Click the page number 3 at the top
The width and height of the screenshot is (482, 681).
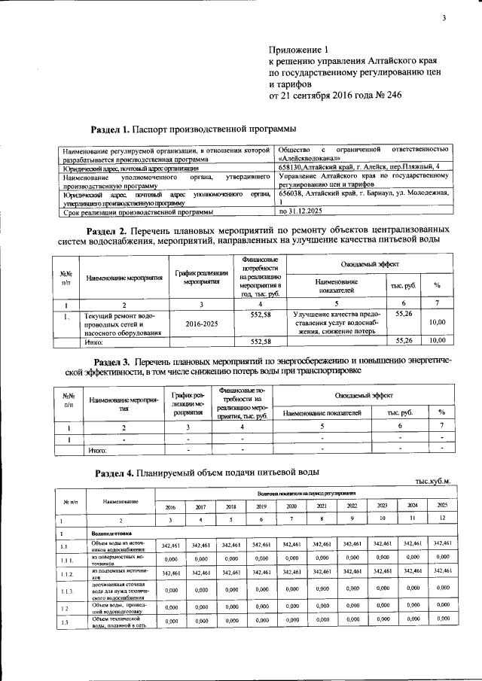click(x=444, y=19)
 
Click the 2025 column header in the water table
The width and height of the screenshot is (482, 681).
click(x=441, y=506)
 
